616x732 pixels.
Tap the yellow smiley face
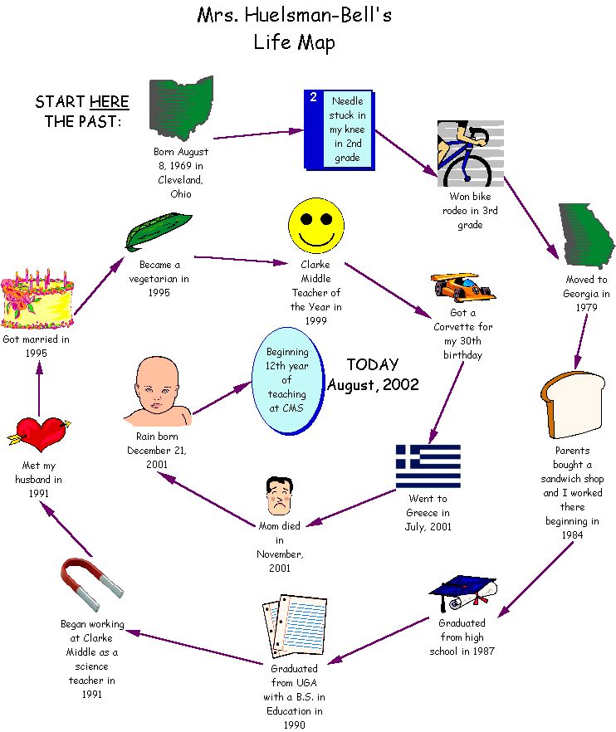316,223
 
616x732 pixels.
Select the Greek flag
428,466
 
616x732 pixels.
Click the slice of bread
572,404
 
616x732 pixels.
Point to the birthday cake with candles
37,299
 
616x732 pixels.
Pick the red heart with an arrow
40,432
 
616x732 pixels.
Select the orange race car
462,286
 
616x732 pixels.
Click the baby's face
158,390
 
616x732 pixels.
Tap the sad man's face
276,497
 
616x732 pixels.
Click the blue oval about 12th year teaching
286,380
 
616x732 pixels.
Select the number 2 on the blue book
313,98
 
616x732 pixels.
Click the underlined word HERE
109,102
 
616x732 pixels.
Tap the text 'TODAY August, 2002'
373,374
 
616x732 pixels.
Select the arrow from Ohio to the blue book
258,134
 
